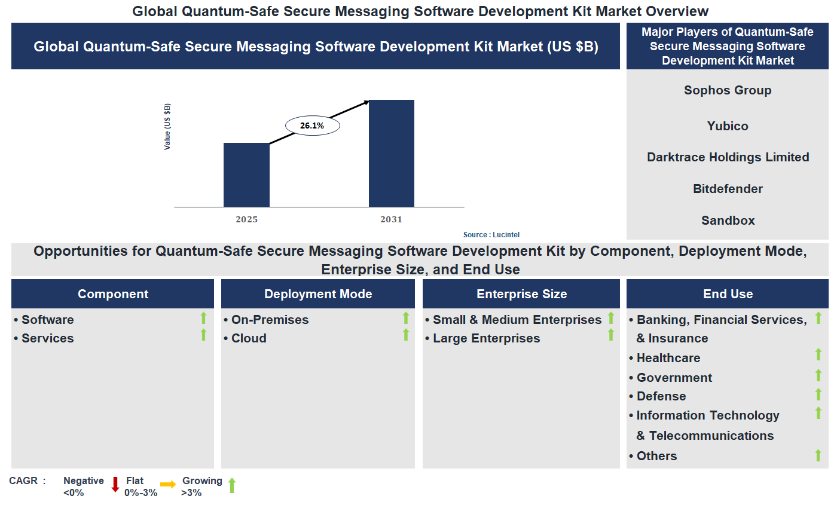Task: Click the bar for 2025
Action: (246, 175)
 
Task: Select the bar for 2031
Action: (392, 154)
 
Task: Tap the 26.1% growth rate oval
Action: (312, 126)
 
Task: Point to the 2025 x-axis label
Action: (246, 219)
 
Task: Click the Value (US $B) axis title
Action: (167, 127)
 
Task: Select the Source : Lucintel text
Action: (491, 235)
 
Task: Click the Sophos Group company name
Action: (728, 90)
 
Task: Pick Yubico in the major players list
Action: (728, 126)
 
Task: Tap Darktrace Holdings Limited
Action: (728, 157)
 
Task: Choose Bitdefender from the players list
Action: (728, 189)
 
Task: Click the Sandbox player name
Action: (728, 221)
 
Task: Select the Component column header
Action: (113, 294)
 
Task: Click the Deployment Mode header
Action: (318, 294)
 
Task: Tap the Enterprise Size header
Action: (521, 294)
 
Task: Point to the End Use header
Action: (728, 294)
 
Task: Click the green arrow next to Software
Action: (203, 318)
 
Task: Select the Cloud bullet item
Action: (249, 338)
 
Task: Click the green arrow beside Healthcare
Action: (818, 355)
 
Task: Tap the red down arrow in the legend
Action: (115, 485)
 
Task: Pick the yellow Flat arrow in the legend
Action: (168, 485)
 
